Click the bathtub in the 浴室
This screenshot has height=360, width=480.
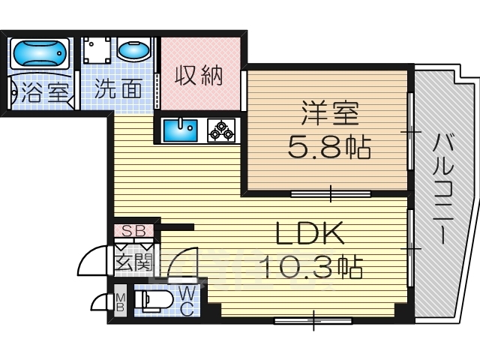point(40,53)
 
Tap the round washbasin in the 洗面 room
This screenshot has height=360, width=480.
point(134,50)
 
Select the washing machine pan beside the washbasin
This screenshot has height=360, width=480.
point(97,50)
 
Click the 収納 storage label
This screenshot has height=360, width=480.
point(198,76)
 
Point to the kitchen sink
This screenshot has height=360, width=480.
point(180,130)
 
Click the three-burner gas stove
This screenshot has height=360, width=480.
point(221,130)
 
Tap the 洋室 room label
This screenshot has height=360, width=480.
point(330,112)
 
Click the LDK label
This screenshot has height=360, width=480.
point(309,232)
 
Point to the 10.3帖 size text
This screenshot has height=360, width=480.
point(311,267)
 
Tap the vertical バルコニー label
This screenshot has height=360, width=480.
point(442,189)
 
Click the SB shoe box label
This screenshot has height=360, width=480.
point(133,231)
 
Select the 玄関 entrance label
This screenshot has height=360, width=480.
point(133,262)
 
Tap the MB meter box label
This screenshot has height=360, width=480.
point(121,301)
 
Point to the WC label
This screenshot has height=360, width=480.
point(187,302)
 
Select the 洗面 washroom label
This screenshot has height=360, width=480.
point(118,88)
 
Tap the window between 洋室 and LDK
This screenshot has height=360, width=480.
point(331,193)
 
